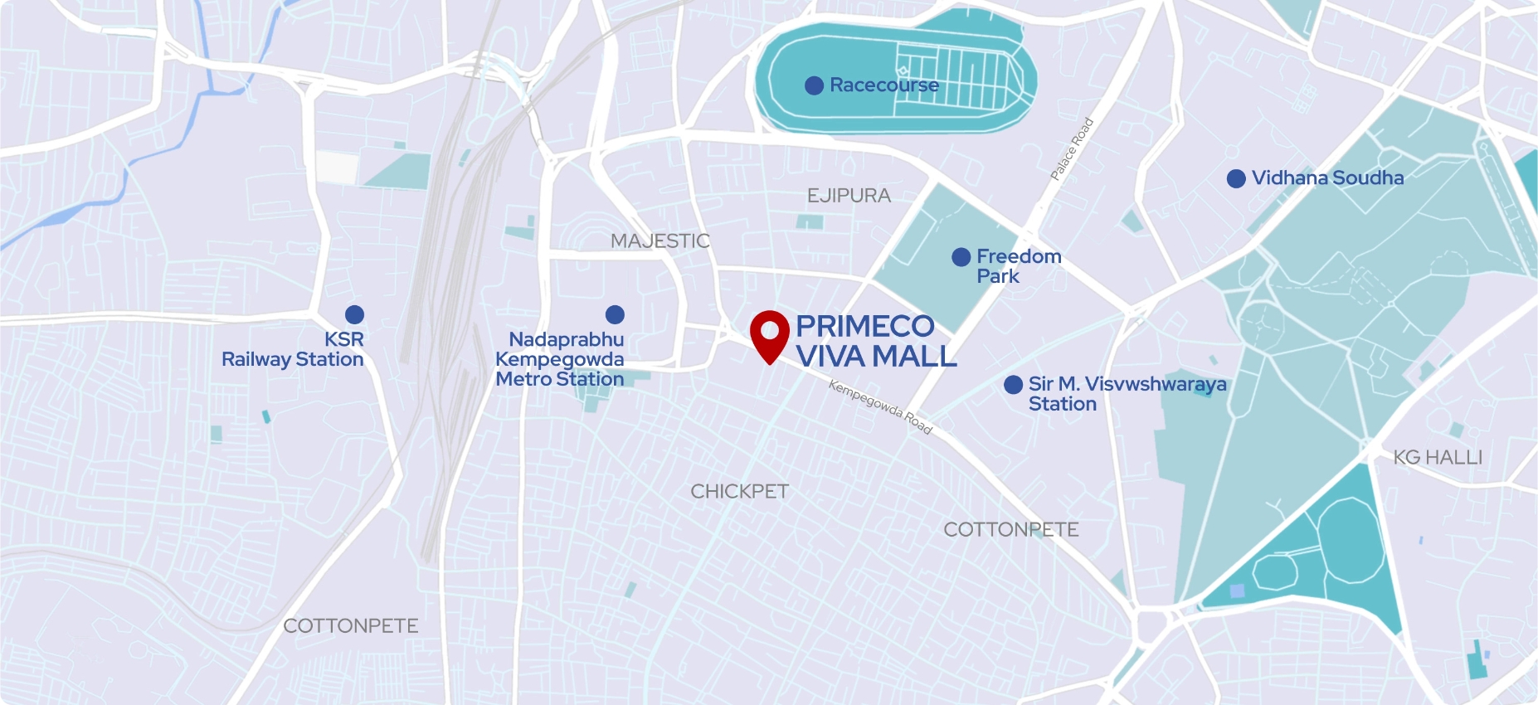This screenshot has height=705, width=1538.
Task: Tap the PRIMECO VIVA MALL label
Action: (x=875, y=341)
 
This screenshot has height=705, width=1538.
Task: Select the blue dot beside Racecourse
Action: (x=814, y=85)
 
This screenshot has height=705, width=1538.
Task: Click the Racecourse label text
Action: (x=884, y=85)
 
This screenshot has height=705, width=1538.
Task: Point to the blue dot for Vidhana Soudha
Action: (x=1236, y=178)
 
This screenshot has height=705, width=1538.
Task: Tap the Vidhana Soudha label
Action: (x=1327, y=178)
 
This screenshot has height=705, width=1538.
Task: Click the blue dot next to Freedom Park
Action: (x=961, y=257)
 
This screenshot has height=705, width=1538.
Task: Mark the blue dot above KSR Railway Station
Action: (x=354, y=314)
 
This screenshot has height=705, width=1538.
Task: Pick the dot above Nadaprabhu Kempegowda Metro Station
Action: (x=615, y=314)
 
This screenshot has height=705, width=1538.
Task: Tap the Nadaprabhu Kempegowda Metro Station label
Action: (x=560, y=359)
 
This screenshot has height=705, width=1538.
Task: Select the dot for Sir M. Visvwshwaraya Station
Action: (x=1013, y=385)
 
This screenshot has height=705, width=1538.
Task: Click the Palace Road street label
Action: (x=1072, y=149)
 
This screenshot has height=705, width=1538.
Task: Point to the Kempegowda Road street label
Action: (x=880, y=407)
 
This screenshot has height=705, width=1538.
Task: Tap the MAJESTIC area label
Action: (x=660, y=241)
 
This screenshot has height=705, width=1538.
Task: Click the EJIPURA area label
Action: (x=849, y=196)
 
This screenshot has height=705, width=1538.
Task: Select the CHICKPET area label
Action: (x=739, y=492)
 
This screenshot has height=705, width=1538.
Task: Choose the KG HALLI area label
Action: (x=1438, y=457)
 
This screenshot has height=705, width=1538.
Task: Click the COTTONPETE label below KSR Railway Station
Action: (x=351, y=626)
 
